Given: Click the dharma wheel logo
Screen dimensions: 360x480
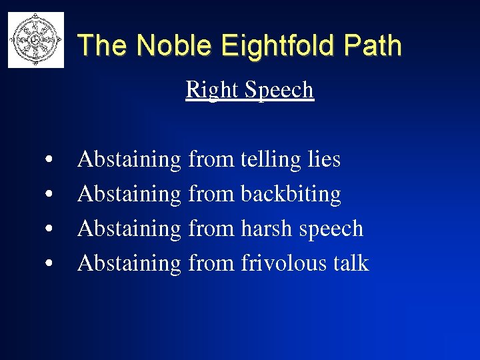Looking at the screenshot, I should pos(36,39).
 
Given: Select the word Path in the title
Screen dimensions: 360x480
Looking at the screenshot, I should pos(376,45).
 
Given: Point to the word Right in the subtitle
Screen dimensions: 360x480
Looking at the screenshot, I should pos(209,89).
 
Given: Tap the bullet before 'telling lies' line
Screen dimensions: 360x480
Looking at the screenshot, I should pos(50,161).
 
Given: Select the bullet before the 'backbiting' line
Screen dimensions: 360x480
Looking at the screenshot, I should pos(50,195).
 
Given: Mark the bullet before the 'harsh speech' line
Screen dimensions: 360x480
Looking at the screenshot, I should pos(50,230).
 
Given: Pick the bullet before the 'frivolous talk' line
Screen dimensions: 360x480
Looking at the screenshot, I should pos(50,265).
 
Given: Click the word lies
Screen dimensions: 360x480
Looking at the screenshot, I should pos(324,159).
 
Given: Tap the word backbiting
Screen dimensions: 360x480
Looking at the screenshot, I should pos(291,194).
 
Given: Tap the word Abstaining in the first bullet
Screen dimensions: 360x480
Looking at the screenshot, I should pos(129,160).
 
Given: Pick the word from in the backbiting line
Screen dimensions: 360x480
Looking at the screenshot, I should pos(211,194).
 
